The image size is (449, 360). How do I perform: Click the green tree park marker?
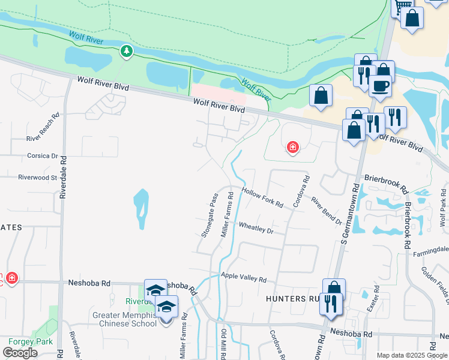point(126,52)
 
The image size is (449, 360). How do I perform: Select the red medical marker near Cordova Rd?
point(292,147)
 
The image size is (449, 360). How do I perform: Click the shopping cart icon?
point(403,7)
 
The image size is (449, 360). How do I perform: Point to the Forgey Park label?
point(26,342)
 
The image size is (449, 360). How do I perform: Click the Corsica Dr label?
point(42,155)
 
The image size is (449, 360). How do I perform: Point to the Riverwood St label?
point(37,178)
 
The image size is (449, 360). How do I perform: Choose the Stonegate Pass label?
point(209,215)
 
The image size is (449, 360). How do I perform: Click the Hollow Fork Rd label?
point(262,197)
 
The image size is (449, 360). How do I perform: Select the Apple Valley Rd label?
point(243,277)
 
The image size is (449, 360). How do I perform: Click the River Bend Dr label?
point(326,211)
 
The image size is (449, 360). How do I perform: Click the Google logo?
point(20,353)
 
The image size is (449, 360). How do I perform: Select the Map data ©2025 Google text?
point(412,355)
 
